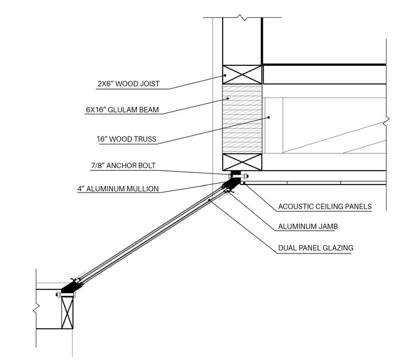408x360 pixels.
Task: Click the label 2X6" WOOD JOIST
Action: tap(129, 84)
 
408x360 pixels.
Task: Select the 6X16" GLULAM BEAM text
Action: tap(122, 110)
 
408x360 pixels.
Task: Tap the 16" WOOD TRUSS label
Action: tap(126, 139)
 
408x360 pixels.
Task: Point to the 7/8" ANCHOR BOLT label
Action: tap(123, 166)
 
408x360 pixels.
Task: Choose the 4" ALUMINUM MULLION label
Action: tap(118, 189)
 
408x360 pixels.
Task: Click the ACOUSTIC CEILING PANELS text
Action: tap(325, 207)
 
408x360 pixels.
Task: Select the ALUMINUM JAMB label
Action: tap(308, 227)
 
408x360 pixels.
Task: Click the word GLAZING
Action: tap(336, 248)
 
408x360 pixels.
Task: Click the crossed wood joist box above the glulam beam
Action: tap(242, 74)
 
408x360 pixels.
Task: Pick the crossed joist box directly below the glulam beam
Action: tap(242, 162)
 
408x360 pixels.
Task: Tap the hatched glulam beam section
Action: tap(242, 118)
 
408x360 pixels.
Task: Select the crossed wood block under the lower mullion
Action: tap(67, 312)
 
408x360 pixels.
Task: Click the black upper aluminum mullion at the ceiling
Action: tap(233, 182)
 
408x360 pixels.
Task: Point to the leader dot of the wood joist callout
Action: tap(225, 75)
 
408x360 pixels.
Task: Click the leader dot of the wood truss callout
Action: tap(268, 117)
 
